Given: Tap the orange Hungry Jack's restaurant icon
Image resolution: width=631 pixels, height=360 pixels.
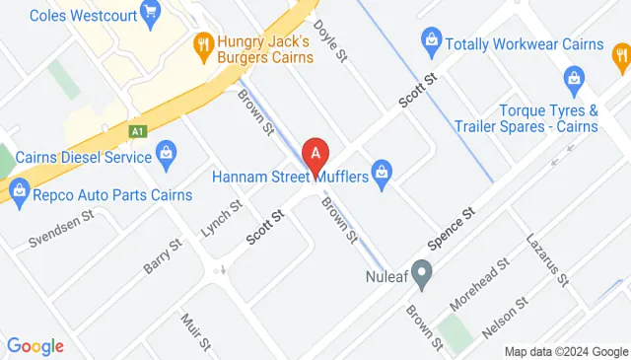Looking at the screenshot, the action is tap(204, 42).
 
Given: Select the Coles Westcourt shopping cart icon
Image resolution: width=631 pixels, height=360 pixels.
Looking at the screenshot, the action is tap(150, 13).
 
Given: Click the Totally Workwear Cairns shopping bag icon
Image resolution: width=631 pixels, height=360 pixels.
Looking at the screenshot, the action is tap(430, 39).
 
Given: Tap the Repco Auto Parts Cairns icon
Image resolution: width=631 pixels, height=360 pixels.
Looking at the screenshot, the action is tap(18, 188).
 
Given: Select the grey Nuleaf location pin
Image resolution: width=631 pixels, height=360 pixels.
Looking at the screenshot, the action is tap(423, 272).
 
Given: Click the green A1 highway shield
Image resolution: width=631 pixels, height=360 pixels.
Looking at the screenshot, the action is tap(137, 129).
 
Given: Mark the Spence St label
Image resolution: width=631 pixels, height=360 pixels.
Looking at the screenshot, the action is tap(453, 228).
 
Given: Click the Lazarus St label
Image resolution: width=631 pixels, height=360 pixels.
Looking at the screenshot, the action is tap(548, 260).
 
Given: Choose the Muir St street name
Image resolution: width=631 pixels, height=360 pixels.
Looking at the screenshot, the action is tap(197, 332).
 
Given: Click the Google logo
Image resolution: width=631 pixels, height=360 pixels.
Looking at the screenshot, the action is tap(35, 345).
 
